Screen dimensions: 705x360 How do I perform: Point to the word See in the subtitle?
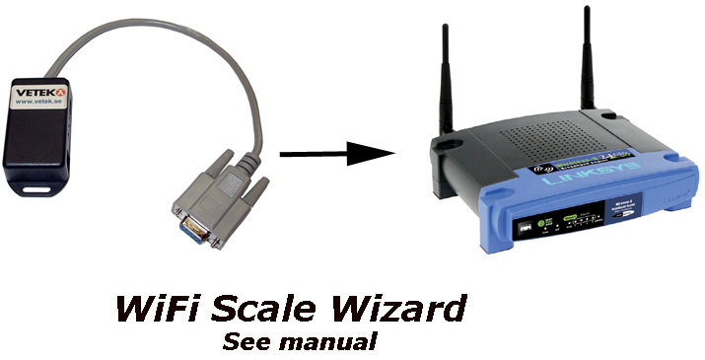244,343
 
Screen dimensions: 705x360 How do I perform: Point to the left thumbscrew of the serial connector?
179,210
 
